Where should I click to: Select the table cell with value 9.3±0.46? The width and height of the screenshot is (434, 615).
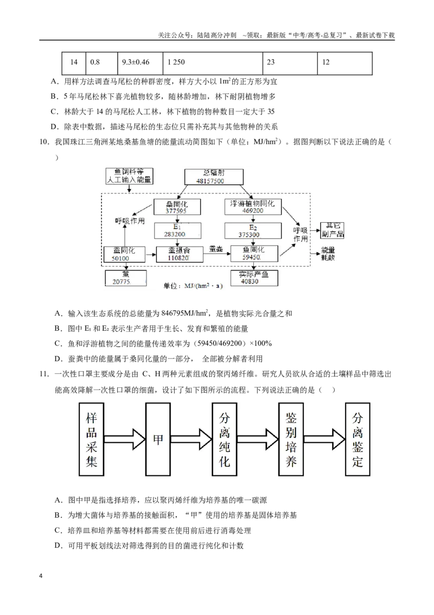click(140, 63)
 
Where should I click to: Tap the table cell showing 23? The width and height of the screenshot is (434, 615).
click(290, 63)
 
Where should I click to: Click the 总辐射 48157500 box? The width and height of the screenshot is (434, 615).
click(214, 177)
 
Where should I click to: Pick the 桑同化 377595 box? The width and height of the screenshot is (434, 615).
click(177, 206)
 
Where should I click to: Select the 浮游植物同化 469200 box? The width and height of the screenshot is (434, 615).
click(253, 206)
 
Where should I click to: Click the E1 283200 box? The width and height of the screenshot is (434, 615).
click(177, 230)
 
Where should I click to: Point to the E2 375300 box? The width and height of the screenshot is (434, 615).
click(253, 230)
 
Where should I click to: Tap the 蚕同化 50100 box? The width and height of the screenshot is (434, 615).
click(124, 254)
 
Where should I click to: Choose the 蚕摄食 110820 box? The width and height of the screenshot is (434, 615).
click(180, 254)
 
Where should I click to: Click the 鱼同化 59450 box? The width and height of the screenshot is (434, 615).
click(254, 253)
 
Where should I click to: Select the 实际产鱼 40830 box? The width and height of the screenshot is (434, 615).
click(254, 278)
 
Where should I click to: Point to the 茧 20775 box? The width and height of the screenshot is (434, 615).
click(126, 278)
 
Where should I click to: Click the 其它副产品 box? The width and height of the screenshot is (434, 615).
click(333, 230)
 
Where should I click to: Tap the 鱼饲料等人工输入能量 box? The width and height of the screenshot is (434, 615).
click(129, 176)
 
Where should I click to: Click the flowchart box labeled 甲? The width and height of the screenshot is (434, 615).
click(158, 440)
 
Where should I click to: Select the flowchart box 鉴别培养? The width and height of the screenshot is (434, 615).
click(291, 440)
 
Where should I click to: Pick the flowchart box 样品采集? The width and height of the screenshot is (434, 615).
click(91, 440)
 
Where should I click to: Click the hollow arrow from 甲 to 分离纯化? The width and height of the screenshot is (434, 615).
click(191, 439)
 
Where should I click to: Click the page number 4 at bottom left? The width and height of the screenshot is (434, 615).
click(41, 576)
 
